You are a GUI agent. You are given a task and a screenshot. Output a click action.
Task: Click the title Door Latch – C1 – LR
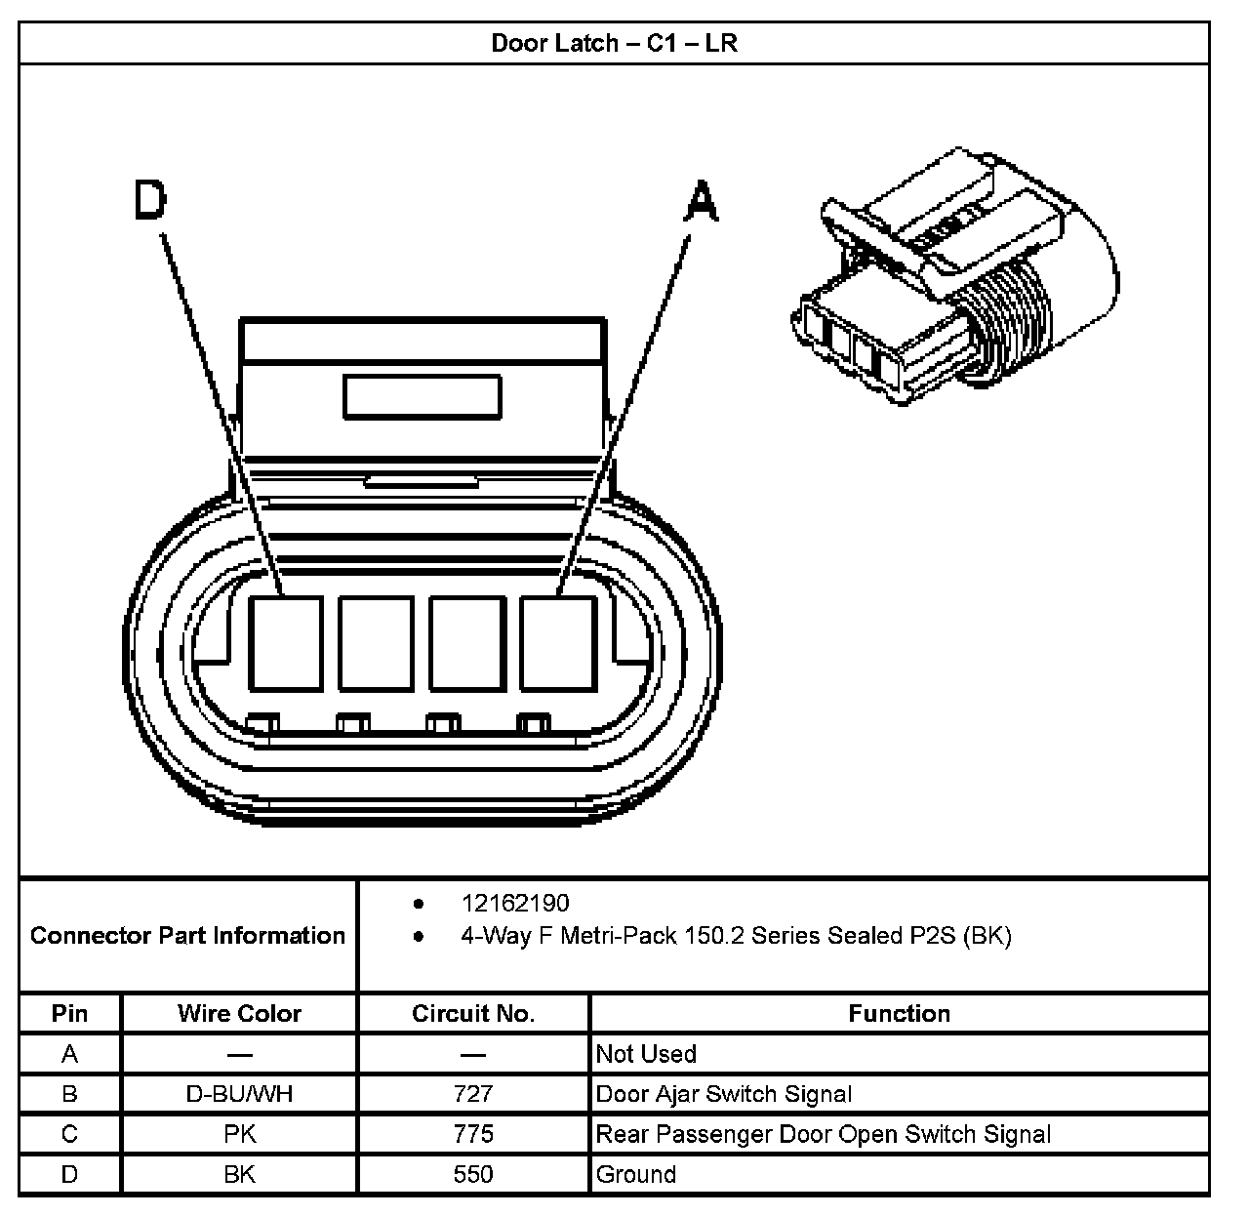614,43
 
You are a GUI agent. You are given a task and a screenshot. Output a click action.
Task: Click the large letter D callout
150,202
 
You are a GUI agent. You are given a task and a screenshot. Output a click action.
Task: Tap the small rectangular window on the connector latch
422,397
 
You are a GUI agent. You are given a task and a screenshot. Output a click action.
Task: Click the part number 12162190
515,903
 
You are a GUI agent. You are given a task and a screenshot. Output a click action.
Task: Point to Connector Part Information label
188,935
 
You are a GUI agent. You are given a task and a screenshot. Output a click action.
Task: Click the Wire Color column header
239,1013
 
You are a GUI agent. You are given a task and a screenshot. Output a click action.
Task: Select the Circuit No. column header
473,1013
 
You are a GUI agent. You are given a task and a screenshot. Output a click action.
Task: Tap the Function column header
899,1013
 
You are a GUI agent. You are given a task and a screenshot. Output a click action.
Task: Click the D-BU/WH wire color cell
239,1094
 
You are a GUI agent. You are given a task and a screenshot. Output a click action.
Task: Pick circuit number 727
473,1094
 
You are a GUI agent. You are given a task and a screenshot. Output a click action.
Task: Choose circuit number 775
473,1134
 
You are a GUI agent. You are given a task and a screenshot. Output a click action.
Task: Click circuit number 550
473,1174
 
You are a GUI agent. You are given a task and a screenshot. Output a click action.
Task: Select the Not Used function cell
646,1054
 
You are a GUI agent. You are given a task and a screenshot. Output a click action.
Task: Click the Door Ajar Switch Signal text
724,1094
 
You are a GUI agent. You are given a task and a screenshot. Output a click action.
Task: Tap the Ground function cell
636,1174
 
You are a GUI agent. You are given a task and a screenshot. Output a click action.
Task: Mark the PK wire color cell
239,1134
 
